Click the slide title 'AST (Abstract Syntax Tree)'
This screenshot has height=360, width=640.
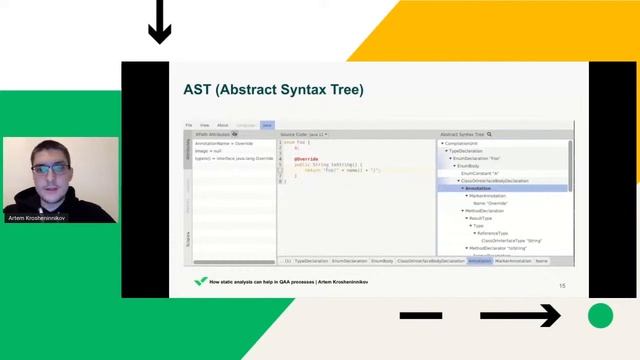[273, 90]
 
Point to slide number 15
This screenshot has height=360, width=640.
[562, 286]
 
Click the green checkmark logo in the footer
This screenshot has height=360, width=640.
[200, 282]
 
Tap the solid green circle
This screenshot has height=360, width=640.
[600, 316]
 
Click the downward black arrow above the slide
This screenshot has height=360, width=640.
[159, 23]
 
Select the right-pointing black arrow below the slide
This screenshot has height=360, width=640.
[520, 316]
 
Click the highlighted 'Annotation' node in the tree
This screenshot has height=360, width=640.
[478, 188]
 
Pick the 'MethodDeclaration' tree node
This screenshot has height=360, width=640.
[485, 211]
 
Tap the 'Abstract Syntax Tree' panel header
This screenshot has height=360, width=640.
[463, 134]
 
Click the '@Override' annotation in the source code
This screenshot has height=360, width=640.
[307, 158]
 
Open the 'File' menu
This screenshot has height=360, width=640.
[189, 125]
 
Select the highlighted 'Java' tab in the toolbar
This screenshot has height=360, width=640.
[267, 125]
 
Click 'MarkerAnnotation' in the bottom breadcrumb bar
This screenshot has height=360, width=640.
[513, 261]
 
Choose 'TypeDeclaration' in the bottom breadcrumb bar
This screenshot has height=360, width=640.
[311, 261]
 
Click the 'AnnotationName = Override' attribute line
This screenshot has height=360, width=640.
[224, 143]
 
